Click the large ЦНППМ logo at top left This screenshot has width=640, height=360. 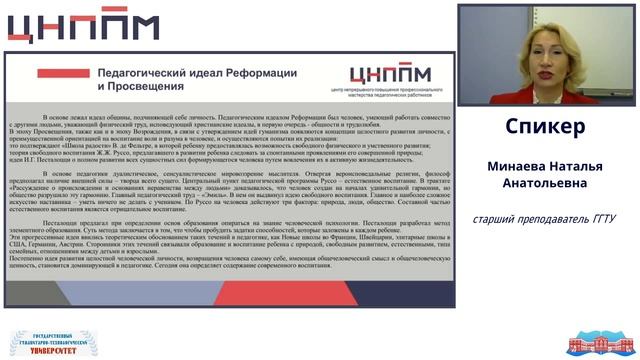pos(91,29)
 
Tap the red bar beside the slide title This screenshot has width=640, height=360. pos(60,73)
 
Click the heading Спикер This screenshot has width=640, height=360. pos(545,127)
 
